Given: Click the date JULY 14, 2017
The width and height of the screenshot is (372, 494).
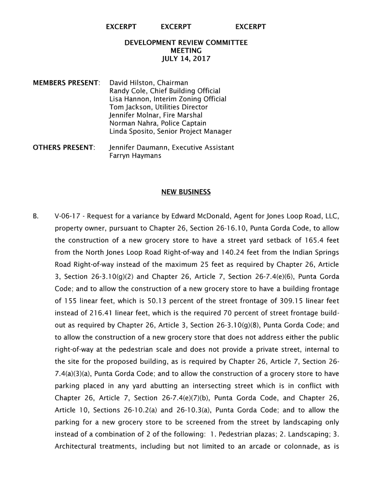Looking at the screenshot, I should [x=186, y=59].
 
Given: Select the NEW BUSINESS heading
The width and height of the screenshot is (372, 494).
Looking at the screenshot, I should [x=186, y=192].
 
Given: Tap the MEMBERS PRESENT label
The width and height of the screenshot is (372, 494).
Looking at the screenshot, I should [x=66, y=83].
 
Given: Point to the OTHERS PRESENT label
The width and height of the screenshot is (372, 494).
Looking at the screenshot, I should [x=64, y=148].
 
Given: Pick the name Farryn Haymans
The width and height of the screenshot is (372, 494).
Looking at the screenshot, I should [x=135, y=156].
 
